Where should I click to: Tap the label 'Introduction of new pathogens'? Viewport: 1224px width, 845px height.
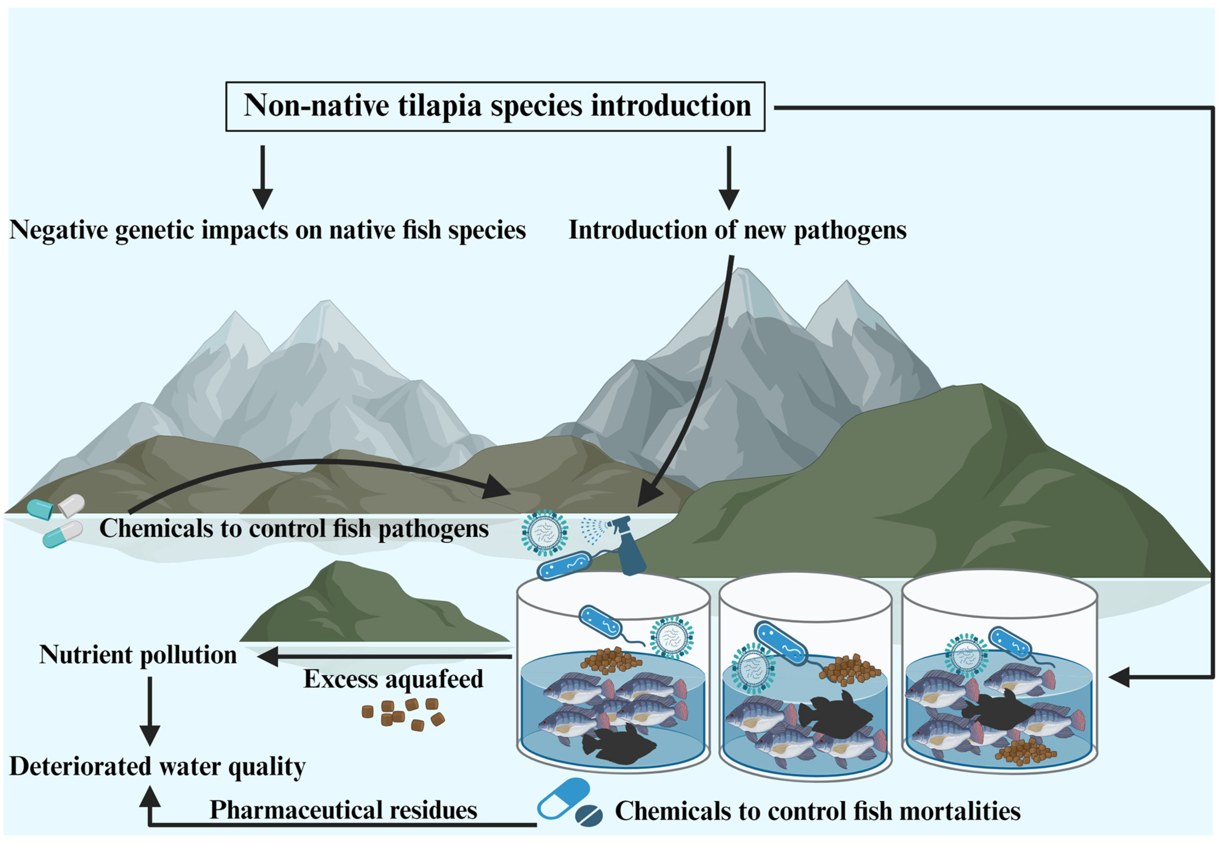(737, 230)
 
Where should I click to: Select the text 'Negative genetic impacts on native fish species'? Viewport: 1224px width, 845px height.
(267, 230)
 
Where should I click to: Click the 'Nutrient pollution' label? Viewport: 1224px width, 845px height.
(138, 655)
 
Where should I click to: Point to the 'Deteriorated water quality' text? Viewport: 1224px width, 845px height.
(157, 766)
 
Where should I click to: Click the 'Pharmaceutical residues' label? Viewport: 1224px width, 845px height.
(343, 810)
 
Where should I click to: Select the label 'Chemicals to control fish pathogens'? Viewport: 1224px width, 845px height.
(294, 528)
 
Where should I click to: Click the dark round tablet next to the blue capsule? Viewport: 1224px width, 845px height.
(588, 816)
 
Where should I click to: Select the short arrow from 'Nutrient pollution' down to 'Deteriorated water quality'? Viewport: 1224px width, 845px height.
(150, 711)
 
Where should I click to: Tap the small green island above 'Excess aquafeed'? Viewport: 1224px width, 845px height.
(371, 606)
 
